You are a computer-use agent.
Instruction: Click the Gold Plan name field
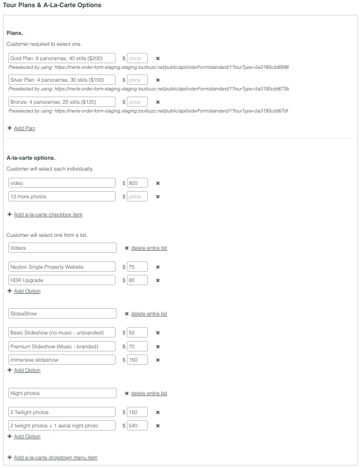point(62,59)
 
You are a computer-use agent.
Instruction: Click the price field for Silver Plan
point(137,80)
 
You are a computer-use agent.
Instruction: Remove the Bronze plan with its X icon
point(158,102)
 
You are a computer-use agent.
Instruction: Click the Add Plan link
point(24,128)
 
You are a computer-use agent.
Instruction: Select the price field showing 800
point(137,183)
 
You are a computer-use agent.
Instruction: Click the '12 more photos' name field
point(62,196)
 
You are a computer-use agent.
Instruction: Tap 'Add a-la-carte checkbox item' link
point(48,214)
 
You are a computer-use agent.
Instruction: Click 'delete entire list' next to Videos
point(148,248)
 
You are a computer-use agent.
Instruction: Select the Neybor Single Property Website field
point(62,267)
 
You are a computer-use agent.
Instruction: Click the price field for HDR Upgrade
point(137,280)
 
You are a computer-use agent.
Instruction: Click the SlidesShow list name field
point(62,313)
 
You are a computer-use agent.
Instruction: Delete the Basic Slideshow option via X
point(158,333)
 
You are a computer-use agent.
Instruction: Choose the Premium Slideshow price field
point(137,346)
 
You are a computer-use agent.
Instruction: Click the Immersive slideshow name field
point(62,360)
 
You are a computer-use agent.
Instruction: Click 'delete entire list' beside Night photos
point(148,394)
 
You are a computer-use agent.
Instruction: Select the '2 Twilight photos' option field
point(62,412)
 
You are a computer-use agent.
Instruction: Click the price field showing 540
point(137,425)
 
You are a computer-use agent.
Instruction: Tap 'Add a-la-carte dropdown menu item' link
point(55,457)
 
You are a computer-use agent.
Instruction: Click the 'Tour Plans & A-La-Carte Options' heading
point(52,5)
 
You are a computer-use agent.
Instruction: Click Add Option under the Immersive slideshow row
point(27,370)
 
